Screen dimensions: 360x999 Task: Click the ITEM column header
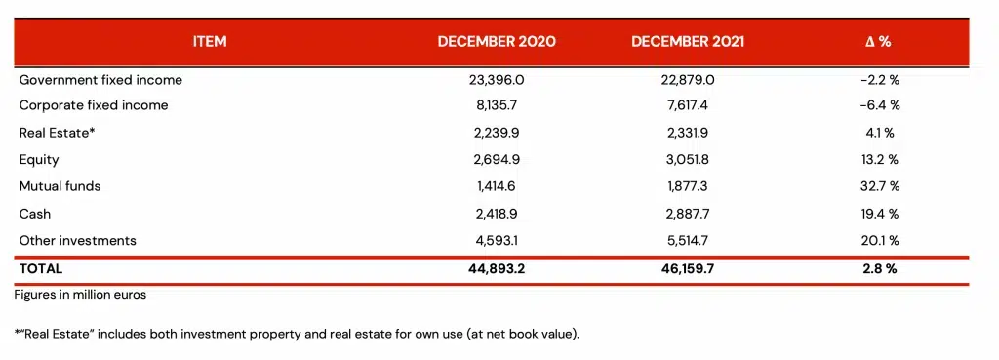pyautogui.click(x=209, y=42)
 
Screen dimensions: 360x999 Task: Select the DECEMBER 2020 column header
pyautogui.click(x=497, y=42)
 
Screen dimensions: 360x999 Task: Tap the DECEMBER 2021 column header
pyautogui.click(x=690, y=42)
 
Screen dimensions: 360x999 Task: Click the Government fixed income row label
pyautogui.click(x=100, y=80)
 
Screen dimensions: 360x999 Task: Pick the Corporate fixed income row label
pyautogui.click(x=94, y=105)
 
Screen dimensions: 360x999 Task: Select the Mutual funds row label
pyautogui.click(x=60, y=185)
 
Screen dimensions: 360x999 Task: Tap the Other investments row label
pyautogui.click(x=78, y=240)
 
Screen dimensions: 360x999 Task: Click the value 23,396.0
pyautogui.click(x=497, y=80)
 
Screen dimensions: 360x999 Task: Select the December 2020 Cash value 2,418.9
pyautogui.click(x=497, y=213)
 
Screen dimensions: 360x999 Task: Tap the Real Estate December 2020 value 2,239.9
pyautogui.click(x=497, y=133)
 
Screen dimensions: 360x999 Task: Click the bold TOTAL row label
pyautogui.click(x=41, y=268)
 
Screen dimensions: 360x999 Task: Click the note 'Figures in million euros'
pyautogui.click(x=80, y=294)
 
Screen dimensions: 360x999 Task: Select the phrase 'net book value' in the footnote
pyautogui.click(x=535, y=335)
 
